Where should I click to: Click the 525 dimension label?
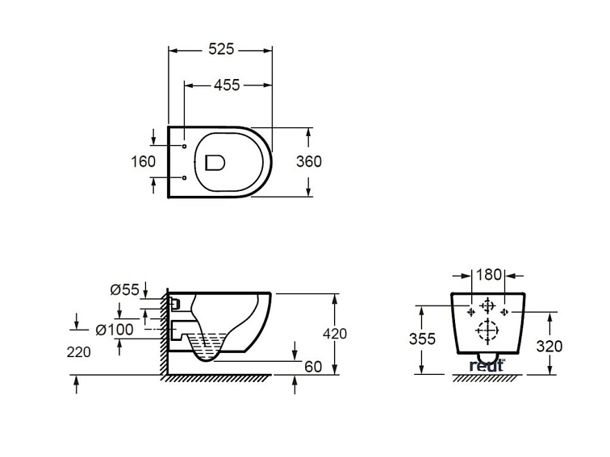(x=220, y=49)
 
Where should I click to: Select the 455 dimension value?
(x=227, y=85)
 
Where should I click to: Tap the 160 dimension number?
(x=143, y=161)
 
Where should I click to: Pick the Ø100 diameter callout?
(x=115, y=329)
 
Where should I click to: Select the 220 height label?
(x=78, y=351)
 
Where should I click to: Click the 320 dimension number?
(x=549, y=346)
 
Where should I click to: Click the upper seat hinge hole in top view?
(x=185, y=147)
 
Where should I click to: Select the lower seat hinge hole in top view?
(x=185, y=177)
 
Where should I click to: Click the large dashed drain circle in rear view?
(x=487, y=330)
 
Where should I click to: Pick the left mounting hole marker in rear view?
(x=469, y=310)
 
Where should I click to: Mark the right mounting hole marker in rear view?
(x=504, y=310)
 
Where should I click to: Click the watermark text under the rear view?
(x=487, y=366)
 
